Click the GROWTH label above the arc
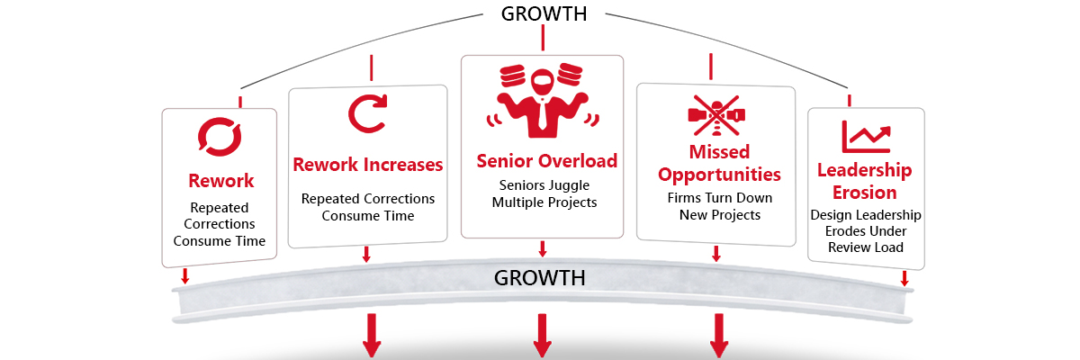click(544, 13)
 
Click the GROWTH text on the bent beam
click(540, 277)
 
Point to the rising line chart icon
click(866, 136)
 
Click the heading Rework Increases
click(368, 165)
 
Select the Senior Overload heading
click(546, 161)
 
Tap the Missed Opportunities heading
click(719, 162)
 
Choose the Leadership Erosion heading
click(864, 181)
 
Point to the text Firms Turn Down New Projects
click(719, 206)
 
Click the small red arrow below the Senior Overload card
click(542, 248)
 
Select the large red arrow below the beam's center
click(542, 337)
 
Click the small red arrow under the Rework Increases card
click(366, 255)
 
